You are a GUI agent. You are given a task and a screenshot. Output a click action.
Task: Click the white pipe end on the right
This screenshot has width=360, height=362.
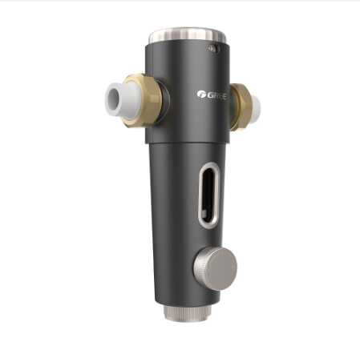tap(255, 108)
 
